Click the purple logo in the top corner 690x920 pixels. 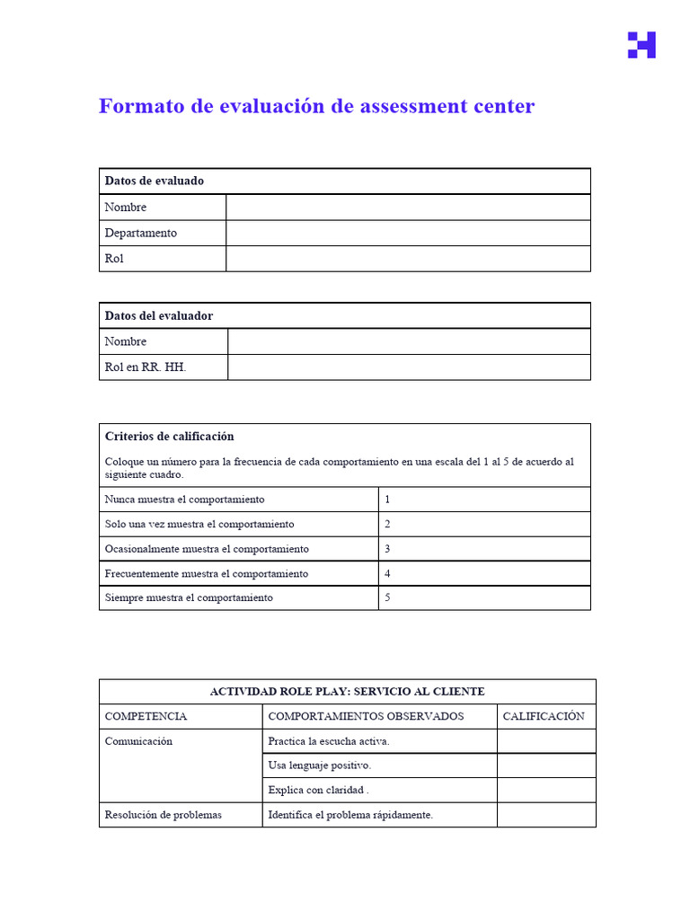pyautogui.click(x=641, y=45)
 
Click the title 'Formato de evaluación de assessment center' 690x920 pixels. pyautogui.click(x=316, y=107)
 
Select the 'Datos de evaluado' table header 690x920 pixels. pyautogui.click(x=155, y=181)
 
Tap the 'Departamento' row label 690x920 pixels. pyautogui.click(x=141, y=233)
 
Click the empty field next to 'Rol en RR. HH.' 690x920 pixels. pyautogui.click(x=409, y=367)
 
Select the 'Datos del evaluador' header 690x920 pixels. pyautogui.click(x=159, y=315)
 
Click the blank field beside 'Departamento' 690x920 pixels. pyautogui.click(x=408, y=233)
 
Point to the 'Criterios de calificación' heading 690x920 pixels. pyautogui.click(x=170, y=437)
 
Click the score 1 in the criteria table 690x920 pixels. pyautogui.click(x=387, y=500)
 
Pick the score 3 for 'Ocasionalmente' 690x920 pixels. pyautogui.click(x=387, y=549)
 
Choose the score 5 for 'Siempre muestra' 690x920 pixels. pyautogui.click(x=387, y=597)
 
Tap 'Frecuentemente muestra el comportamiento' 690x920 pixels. pyautogui.click(x=207, y=573)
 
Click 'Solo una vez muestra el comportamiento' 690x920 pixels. pyautogui.click(x=199, y=524)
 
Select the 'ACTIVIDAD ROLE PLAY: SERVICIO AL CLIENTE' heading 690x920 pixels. pyautogui.click(x=347, y=692)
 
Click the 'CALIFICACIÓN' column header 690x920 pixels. pyautogui.click(x=544, y=716)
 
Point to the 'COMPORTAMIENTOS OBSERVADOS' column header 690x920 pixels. pyautogui.click(x=366, y=716)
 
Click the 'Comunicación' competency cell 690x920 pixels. pyautogui.click(x=138, y=741)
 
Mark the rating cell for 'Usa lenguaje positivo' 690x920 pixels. pyautogui.click(x=545, y=765)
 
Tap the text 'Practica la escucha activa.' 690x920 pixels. pyautogui.click(x=329, y=741)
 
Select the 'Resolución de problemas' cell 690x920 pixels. pyautogui.click(x=164, y=815)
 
